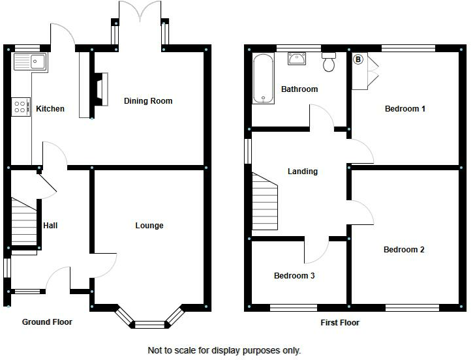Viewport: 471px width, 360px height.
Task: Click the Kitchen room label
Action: coord(50,108)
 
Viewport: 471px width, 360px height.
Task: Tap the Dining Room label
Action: coord(148,100)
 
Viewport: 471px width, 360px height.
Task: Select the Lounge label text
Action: coord(149,226)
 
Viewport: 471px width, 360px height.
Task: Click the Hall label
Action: coord(50,226)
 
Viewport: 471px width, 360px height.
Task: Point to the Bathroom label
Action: coord(299,89)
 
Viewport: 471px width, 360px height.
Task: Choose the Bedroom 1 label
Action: coord(404,109)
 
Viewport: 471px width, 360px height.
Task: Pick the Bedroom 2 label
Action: coord(404,250)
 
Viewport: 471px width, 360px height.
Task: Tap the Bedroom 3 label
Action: coord(294,276)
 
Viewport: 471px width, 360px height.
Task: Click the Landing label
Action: coord(302,172)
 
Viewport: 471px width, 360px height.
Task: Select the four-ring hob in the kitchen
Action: coord(20,106)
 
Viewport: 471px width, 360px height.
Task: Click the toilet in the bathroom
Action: coord(328,63)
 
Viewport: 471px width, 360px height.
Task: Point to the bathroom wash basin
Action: coord(299,59)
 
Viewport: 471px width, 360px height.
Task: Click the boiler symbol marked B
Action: coord(357,59)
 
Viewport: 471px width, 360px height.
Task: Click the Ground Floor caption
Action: coord(47,322)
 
